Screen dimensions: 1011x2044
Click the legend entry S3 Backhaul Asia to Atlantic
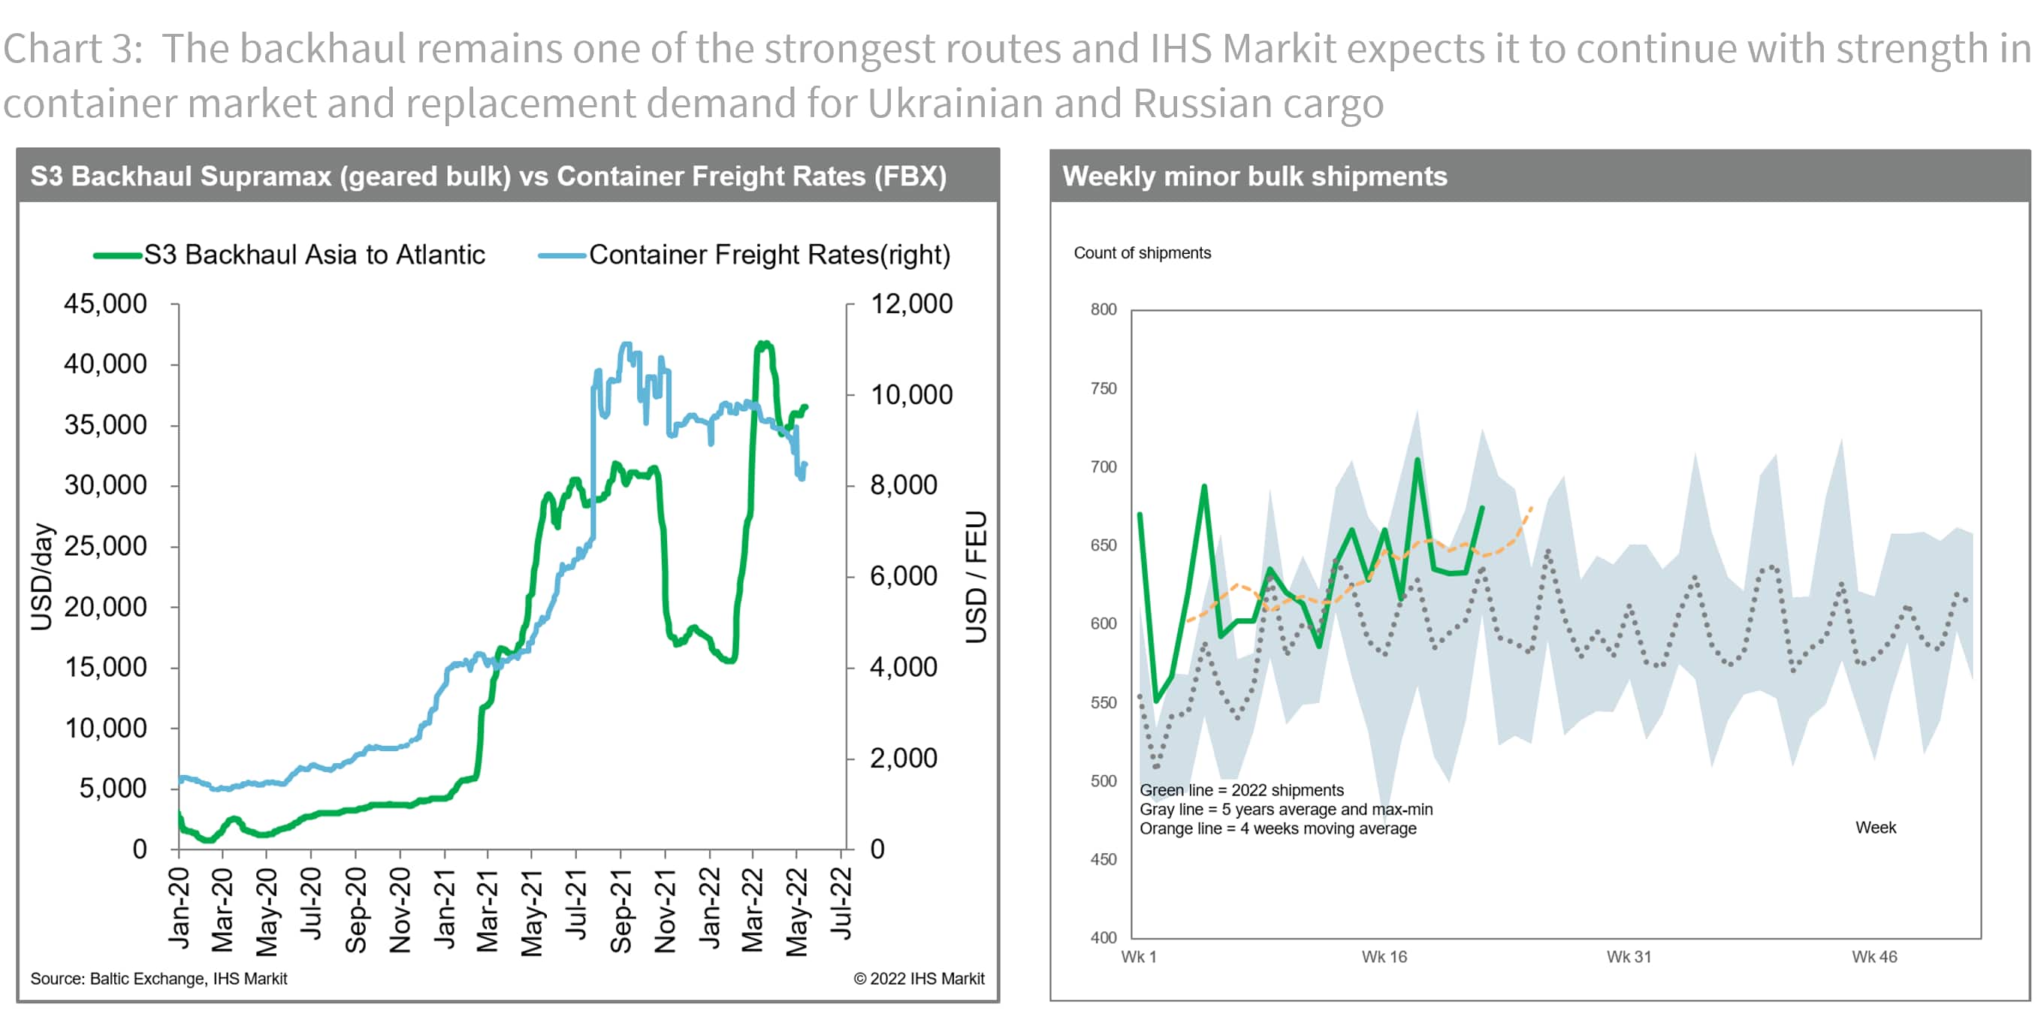[x=313, y=255]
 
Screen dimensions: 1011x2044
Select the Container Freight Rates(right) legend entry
[x=768, y=255]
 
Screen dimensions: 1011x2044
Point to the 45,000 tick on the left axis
[x=105, y=304]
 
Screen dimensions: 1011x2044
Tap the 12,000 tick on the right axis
[x=911, y=304]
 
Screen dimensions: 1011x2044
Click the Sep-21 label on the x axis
[x=620, y=910]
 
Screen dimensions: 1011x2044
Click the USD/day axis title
[x=41, y=576]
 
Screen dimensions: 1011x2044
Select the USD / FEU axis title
[x=976, y=576]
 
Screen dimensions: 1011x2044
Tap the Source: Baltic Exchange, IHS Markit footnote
[x=159, y=979]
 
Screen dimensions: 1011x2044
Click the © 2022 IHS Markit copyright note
[x=918, y=979]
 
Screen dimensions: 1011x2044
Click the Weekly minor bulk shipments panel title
[x=1254, y=177]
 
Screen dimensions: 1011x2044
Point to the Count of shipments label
[x=1142, y=253]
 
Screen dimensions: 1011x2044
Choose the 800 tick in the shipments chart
[x=1103, y=309]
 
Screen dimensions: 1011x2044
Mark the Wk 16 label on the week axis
[x=1384, y=957]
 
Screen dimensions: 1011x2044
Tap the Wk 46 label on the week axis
[x=1874, y=957]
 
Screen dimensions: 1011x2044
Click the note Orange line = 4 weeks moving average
[x=1278, y=828]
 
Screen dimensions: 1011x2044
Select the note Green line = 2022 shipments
[x=1241, y=790]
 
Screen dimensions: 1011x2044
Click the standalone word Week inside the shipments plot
[x=1875, y=828]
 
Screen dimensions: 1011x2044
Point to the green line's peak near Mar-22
[x=763, y=345]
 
